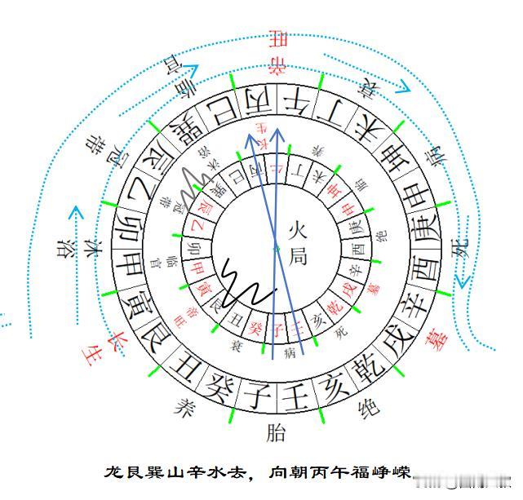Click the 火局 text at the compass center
[x=298, y=241]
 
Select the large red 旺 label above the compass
[x=280, y=38]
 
